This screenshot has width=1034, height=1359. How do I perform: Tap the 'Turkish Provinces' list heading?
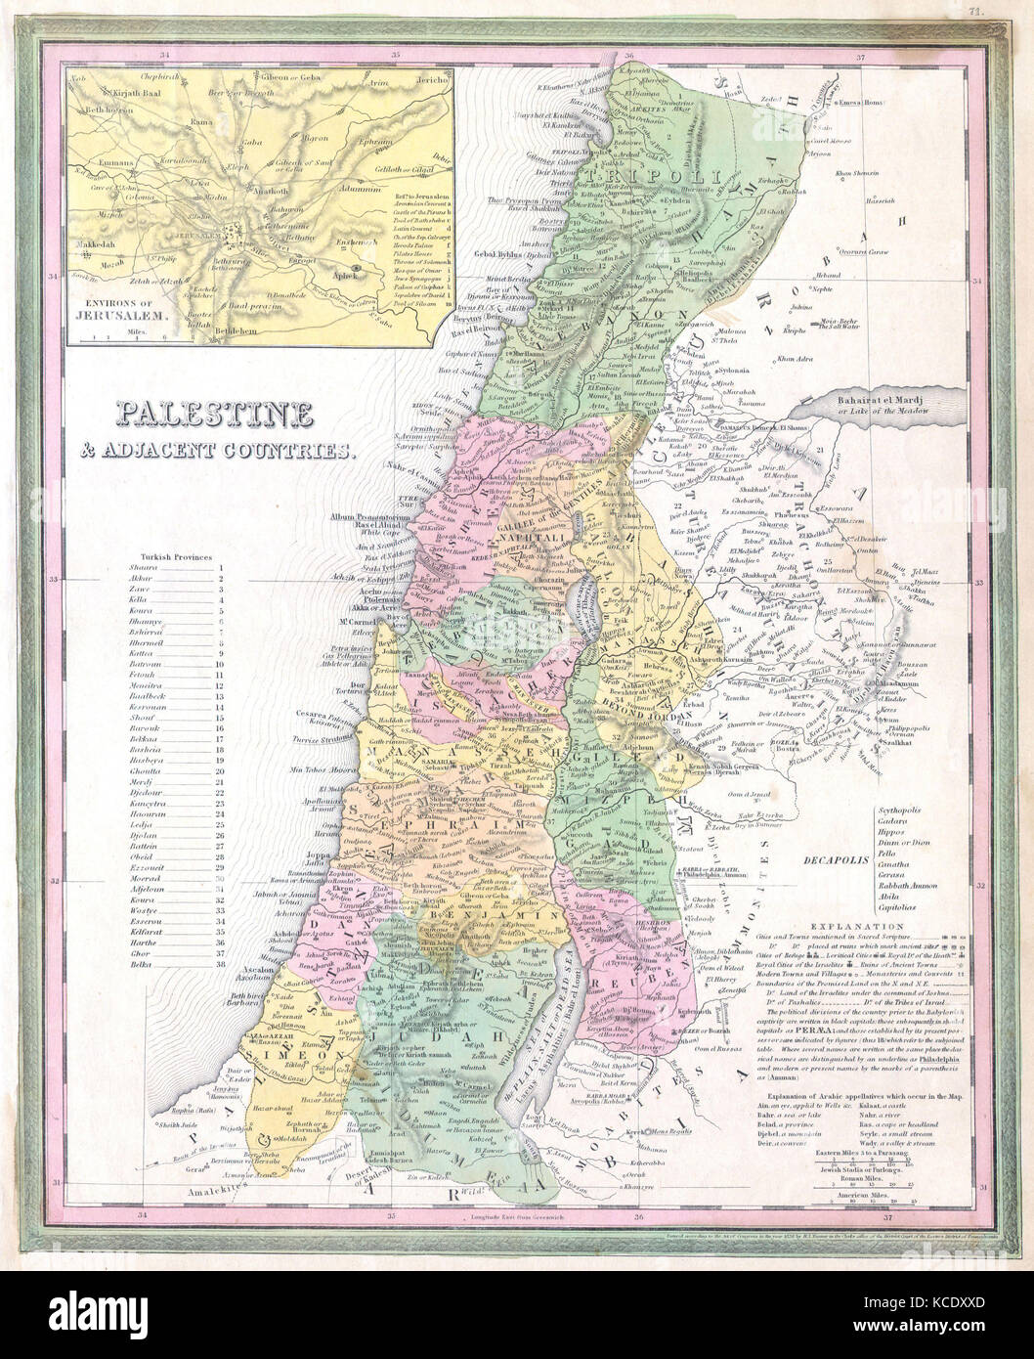click(176, 555)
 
